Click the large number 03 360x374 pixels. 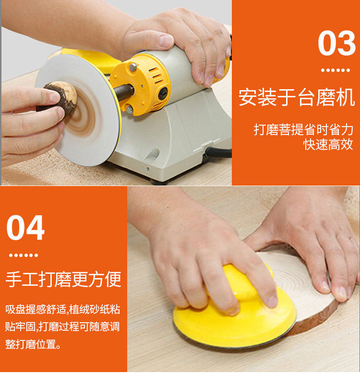[x=336, y=43]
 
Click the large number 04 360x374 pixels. [x=25, y=227]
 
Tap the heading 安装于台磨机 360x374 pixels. [x=297, y=97]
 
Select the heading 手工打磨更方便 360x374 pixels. [x=63, y=279]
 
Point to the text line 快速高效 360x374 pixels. [x=328, y=144]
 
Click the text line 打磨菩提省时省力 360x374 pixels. [x=303, y=129]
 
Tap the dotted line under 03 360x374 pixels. [x=335, y=70]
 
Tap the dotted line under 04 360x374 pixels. [x=24, y=255]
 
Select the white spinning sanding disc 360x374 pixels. [x=79, y=110]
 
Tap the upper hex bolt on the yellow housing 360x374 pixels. [x=133, y=67]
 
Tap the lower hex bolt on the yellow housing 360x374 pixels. [x=130, y=109]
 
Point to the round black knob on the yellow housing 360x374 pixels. [x=163, y=93]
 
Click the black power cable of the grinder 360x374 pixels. [x=218, y=152]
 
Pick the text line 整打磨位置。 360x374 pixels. [x=33, y=344]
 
